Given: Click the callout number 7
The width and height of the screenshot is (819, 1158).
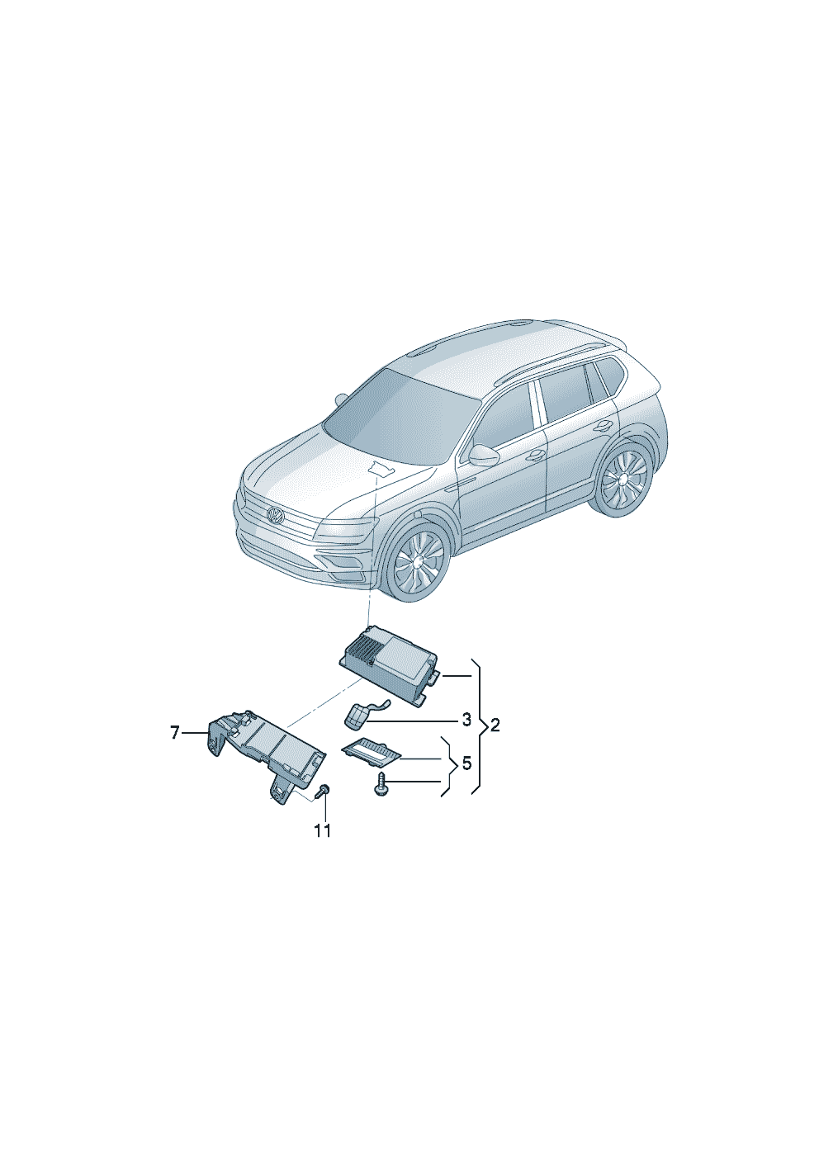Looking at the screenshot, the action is (x=175, y=733).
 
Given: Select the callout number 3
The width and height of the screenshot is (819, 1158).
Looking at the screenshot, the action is (x=466, y=719).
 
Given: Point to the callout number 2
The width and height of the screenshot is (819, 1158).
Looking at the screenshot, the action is (x=495, y=726).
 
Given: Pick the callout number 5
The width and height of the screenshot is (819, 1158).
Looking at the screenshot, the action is (x=466, y=763).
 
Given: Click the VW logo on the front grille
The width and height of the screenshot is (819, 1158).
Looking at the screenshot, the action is (x=276, y=516).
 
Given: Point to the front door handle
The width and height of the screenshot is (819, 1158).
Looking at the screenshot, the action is (x=536, y=455).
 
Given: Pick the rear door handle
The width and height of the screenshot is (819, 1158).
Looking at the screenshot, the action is (x=603, y=425).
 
